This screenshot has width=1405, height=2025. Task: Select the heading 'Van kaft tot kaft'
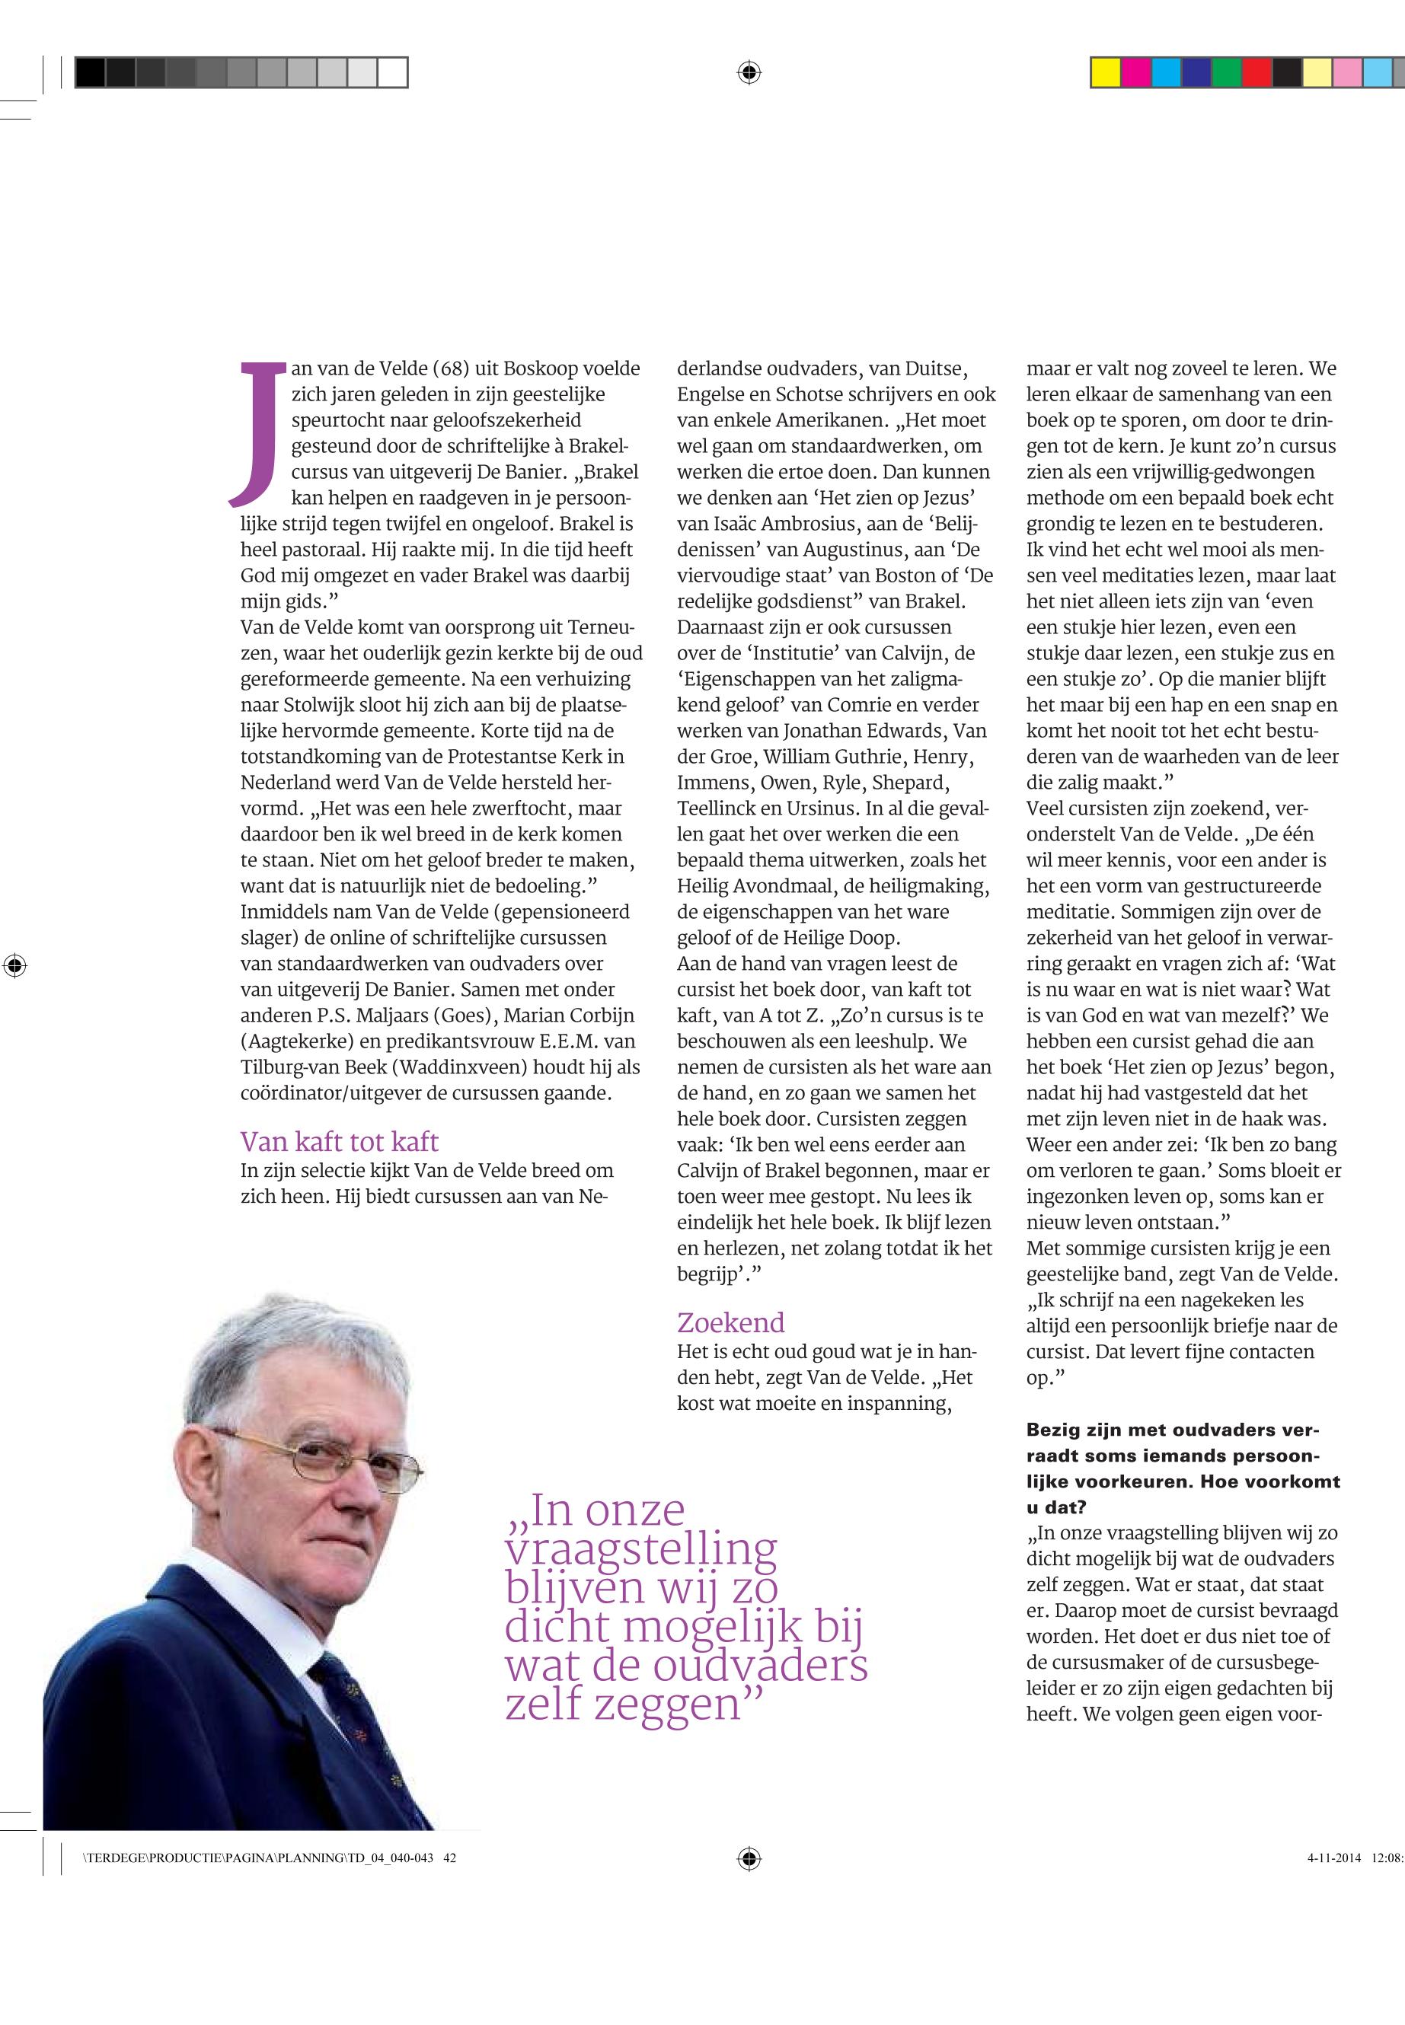(339, 1141)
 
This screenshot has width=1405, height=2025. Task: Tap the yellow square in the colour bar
(1105, 72)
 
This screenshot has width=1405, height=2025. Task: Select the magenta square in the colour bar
(1135, 72)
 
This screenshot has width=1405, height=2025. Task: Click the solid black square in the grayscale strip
(90, 72)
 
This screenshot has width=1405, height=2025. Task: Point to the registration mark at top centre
(749, 72)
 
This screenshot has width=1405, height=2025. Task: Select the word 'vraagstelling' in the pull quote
(641, 1551)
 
